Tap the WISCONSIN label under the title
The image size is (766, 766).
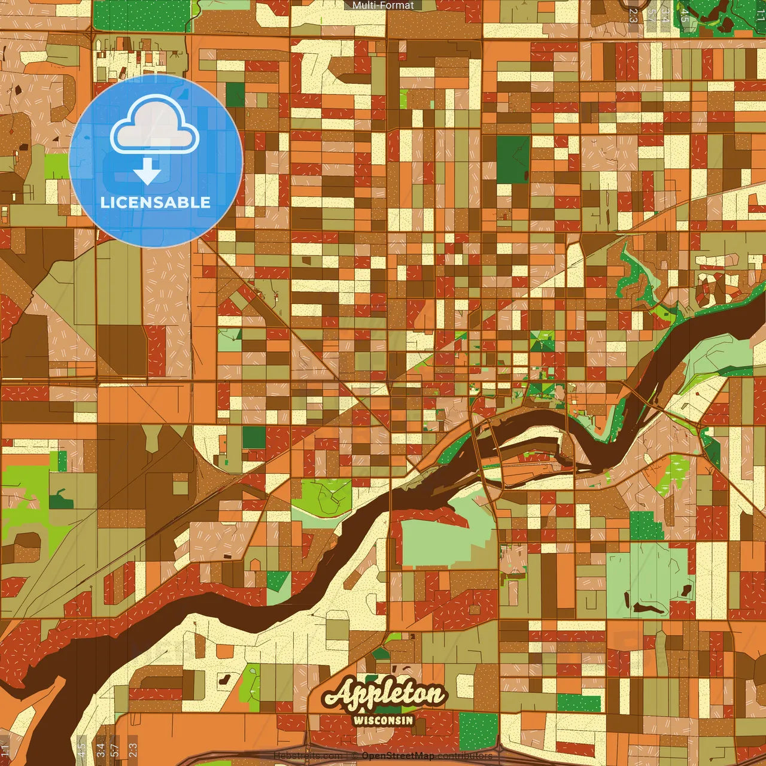(384, 720)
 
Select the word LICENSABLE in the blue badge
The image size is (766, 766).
(156, 202)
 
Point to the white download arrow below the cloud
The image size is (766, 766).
(147, 171)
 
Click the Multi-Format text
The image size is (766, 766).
(383, 5)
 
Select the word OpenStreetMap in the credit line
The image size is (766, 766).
(398, 756)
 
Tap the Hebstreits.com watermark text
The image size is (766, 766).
(308, 756)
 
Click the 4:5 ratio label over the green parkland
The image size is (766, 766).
(685, 15)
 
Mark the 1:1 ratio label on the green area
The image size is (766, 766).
(760, 15)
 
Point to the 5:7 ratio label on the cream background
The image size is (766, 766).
(651, 15)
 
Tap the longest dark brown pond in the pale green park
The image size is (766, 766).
(649, 609)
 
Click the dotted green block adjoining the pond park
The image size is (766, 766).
(646, 525)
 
